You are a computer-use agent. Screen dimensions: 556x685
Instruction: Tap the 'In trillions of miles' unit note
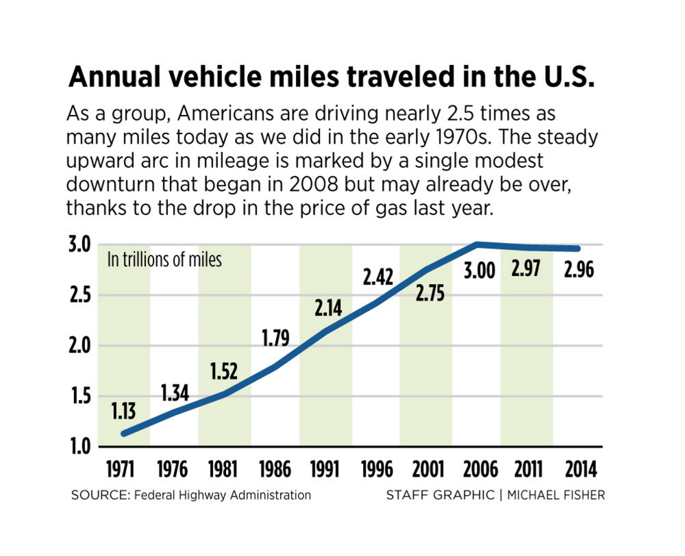point(164,260)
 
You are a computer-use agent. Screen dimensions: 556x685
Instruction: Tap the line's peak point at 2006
point(477,244)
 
